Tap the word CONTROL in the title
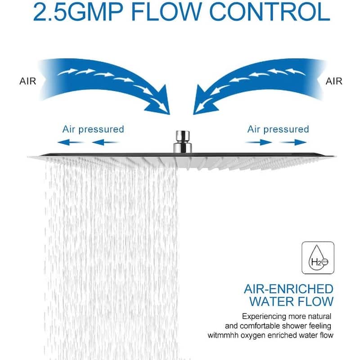tap(270, 12)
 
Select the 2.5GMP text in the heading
tap(78, 12)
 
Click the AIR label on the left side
tap(28, 81)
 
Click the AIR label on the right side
tap(334, 81)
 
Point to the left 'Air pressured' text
tap(93, 130)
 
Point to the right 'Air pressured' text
tap(278, 130)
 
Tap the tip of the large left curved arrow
tap(170, 114)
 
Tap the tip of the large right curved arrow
tap(193, 114)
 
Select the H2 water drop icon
tap(318, 258)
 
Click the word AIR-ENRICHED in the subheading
tap(288, 289)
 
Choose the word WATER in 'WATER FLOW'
tap(272, 301)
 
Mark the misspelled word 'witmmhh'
tap(223, 335)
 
